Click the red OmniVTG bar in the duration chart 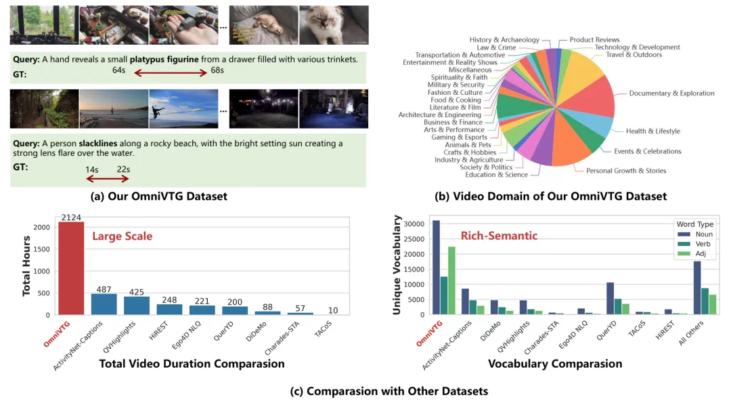(x=71, y=268)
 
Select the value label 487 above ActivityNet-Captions (x=104, y=290)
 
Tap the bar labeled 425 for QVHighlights (x=137, y=305)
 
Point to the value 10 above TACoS (x=333, y=310)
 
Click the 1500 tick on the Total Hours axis (x=41, y=249)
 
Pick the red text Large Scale (x=122, y=236)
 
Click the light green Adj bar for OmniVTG (x=451, y=280)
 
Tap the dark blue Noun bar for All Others (x=697, y=288)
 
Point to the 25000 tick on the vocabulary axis (x=415, y=239)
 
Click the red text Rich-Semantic (x=499, y=236)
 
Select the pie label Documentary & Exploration (x=671, y=93)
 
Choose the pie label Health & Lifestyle (x=652, y=131)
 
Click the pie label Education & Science (x=497, y=175)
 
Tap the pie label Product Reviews (x=594, y=40)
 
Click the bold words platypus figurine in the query (x=164, y=59)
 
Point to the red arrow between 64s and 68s (x=171, y=72)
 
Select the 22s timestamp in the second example (x=123, y=169)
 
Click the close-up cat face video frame (x=334, y=25)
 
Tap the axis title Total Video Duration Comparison (x=192, y=364)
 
